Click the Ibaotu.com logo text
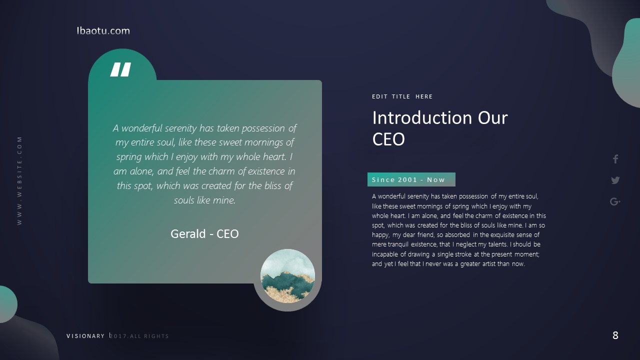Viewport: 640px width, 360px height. pos(103,30)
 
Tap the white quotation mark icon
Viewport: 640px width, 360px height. pos(120,69)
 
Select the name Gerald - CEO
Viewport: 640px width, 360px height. pos(204,233)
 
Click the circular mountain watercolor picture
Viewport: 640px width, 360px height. pos(287,275)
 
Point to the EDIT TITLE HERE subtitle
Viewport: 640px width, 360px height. pos(402,96)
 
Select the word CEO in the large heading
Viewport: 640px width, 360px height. pos(388,139)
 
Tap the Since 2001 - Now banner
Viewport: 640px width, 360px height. pos(411,179)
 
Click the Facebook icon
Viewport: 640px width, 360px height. pos(615,159)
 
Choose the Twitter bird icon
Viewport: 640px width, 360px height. pos(615,180)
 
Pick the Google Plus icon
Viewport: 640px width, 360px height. pos(615,201)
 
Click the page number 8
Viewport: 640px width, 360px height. pos(615,335)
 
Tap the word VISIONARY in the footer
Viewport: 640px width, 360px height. pos(85,336)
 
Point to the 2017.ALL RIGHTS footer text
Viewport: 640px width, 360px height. pos(139,336)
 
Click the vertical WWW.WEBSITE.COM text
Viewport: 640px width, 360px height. pos(19,180)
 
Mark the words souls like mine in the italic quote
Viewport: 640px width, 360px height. pos(204,200)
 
